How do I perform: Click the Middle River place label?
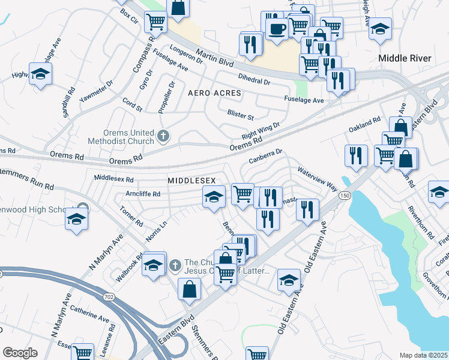(x=404, y=58)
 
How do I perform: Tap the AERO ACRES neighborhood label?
(x=214, y=94)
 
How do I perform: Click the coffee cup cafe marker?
(x=277, y=29)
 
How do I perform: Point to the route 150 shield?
(x=345, y=196)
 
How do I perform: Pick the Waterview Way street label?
(x=317, y=178)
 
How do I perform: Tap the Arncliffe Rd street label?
(x=140, y=194)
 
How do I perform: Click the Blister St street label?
(x=240, y=114)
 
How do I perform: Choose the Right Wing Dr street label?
(x=258, y=132)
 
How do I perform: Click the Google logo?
(x=20, y=352)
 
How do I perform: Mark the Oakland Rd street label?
(x=365, y=125)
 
